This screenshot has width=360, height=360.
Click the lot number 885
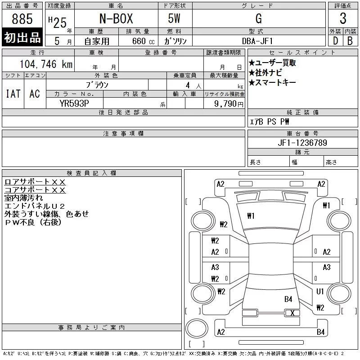pyautogui.click(x=22, y=19)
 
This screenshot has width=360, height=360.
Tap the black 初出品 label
pyautogui.click(x=22, y=38)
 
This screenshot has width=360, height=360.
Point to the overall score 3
pyautogui.click(x=343, y=19)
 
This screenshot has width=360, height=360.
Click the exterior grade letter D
pyautogui.click(x=335, y=41)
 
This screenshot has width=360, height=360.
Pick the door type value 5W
pyautogui.click(x=175, y=19)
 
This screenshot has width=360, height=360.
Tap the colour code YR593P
pyautogui.click(x=74, y=103)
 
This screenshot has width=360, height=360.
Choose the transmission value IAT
pyautogui.click(x=13, y=94)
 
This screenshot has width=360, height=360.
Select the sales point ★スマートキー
pyautogui.click(x=272, y=82)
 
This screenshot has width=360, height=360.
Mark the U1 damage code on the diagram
pyautogui.click(x=320, y=292)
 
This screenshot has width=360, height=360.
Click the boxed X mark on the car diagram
pyautogui.click(x=292, y=313)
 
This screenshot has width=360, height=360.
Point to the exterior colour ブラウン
pyautogui.click(x=97, y=84)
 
